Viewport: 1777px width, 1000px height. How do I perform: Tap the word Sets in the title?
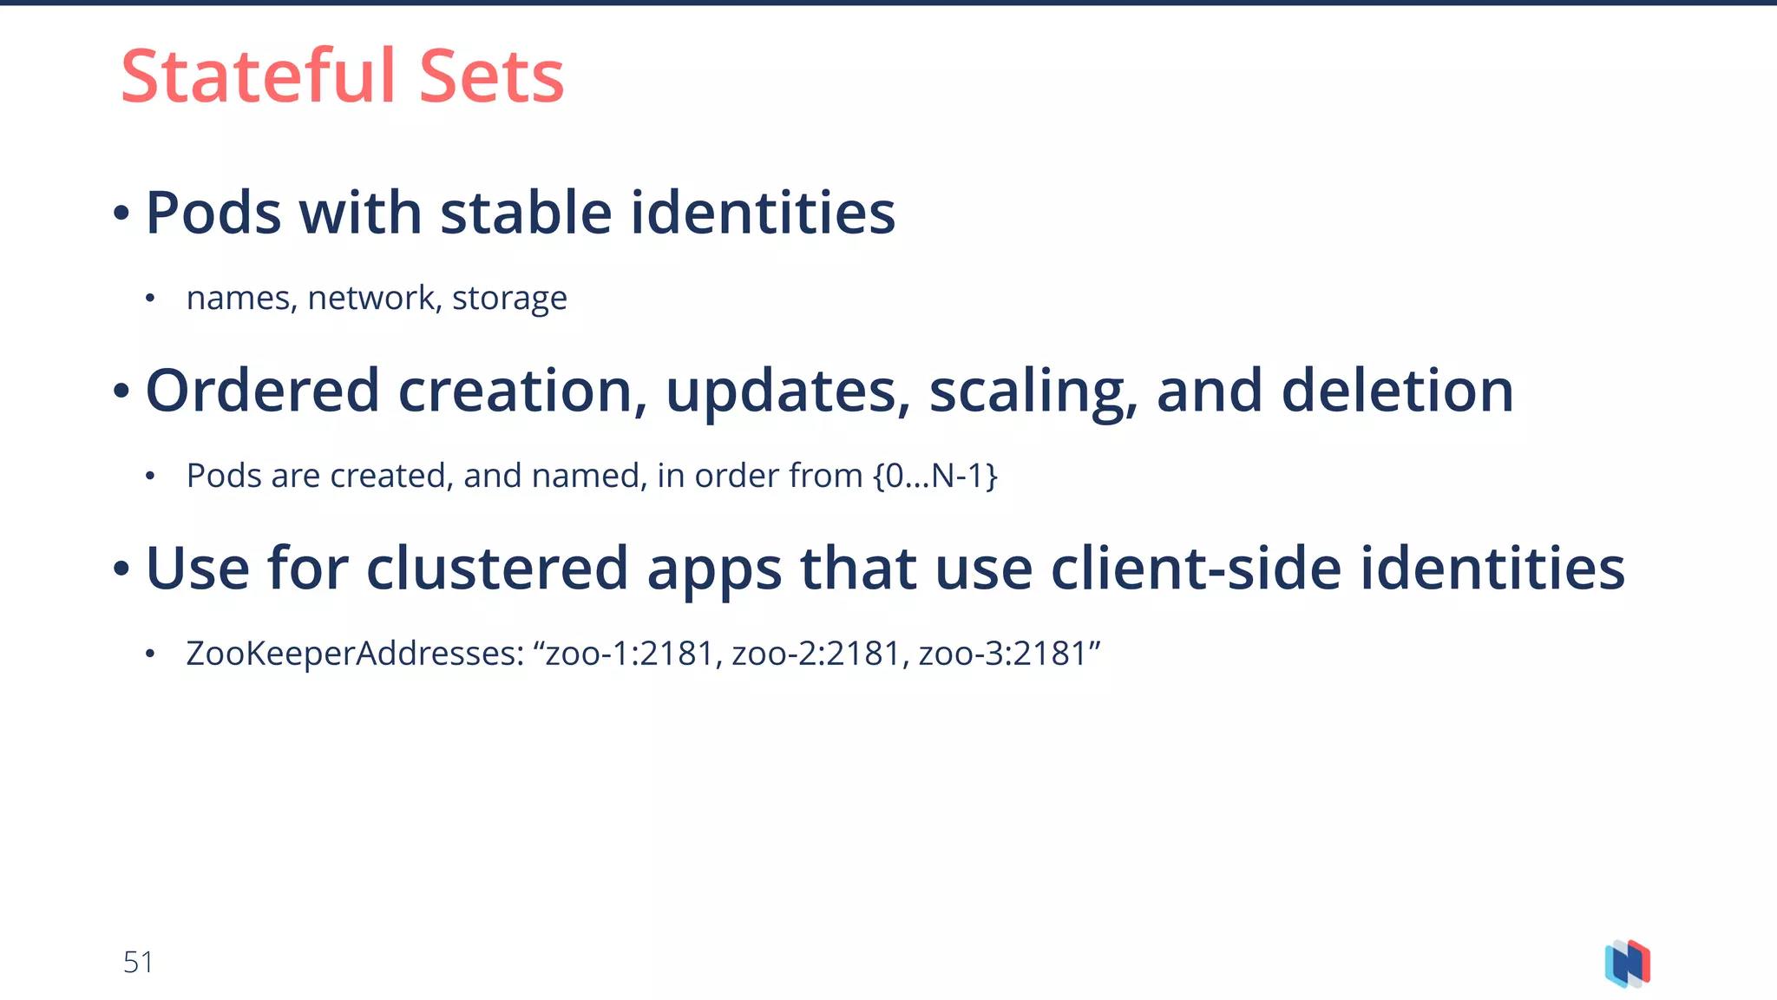click(x=491, y=76)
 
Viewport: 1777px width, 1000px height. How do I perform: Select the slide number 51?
click(x=138, y=962)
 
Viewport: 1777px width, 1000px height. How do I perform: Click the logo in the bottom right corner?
click(x=1627, y=964)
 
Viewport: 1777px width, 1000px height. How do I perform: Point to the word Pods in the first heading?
click(x=213, y=213)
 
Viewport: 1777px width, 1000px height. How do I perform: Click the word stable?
click(x=526, y=213)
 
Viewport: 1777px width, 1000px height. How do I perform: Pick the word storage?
click(x=509, y=298)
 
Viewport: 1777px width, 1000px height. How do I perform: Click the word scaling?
click(x=1033, y=392)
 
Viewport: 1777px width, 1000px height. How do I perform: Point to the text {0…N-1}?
click(x=935, y=476)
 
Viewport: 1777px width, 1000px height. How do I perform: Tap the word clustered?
click(x=497, y=569)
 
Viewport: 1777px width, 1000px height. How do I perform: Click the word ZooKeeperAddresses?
click(x=355, y=654)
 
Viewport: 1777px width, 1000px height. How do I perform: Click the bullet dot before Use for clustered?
click(x=121, y=569)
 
